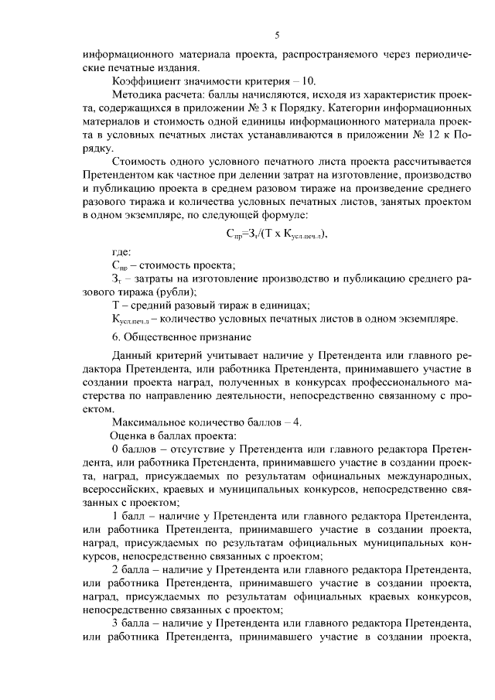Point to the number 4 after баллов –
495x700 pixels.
308,422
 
